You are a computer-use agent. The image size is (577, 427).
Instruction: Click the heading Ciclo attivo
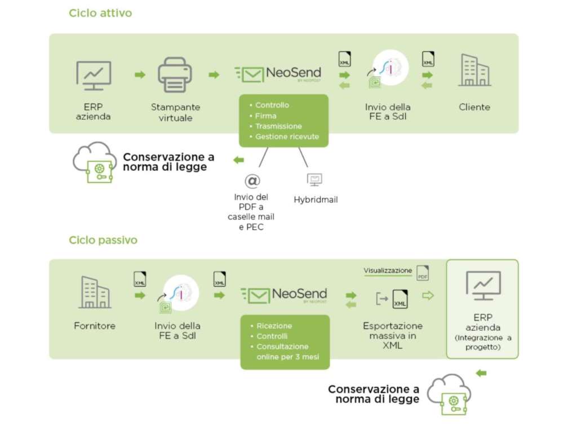tap(100, 13)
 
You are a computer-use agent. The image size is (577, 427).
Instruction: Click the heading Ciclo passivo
tap(103, 240)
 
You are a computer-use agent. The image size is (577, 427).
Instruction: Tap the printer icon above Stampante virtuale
tap(175, 75)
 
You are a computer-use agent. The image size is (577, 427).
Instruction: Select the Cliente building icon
tap(474, 71)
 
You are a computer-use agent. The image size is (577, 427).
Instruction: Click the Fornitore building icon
tap(95, 292)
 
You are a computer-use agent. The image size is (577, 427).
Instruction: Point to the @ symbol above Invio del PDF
tap(251, 180)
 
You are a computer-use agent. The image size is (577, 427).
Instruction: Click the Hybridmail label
tap(316, 200)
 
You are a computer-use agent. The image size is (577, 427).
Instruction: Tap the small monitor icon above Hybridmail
tap(314, 180)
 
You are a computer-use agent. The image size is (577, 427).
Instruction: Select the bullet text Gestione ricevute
tap(287, 137)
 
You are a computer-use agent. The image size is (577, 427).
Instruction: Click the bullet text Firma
tap(265, 115)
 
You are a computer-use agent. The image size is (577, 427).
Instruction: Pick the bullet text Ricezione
tap(274, 326)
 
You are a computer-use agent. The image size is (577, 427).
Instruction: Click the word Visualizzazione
tap(388, 271)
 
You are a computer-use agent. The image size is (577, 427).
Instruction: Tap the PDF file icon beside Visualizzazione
tap(423, 273)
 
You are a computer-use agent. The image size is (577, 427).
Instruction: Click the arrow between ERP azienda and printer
tap(139, 75)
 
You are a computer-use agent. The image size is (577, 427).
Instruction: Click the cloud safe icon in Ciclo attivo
tap(94, 162)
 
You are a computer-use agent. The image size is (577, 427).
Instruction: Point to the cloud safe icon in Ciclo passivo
tap(449, 394)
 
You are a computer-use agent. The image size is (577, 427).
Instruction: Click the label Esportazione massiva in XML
tap(393, 336)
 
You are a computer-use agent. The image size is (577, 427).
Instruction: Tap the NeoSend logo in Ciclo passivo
tap(283, 295)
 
